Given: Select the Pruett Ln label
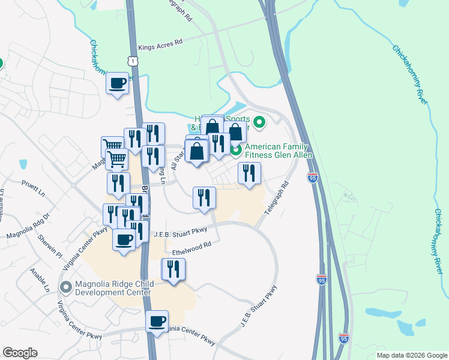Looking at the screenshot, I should (33, 183).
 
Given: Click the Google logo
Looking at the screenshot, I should (20, 353).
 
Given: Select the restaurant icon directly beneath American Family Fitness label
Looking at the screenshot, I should (249, 173).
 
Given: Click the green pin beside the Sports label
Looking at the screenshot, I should (259, 123).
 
